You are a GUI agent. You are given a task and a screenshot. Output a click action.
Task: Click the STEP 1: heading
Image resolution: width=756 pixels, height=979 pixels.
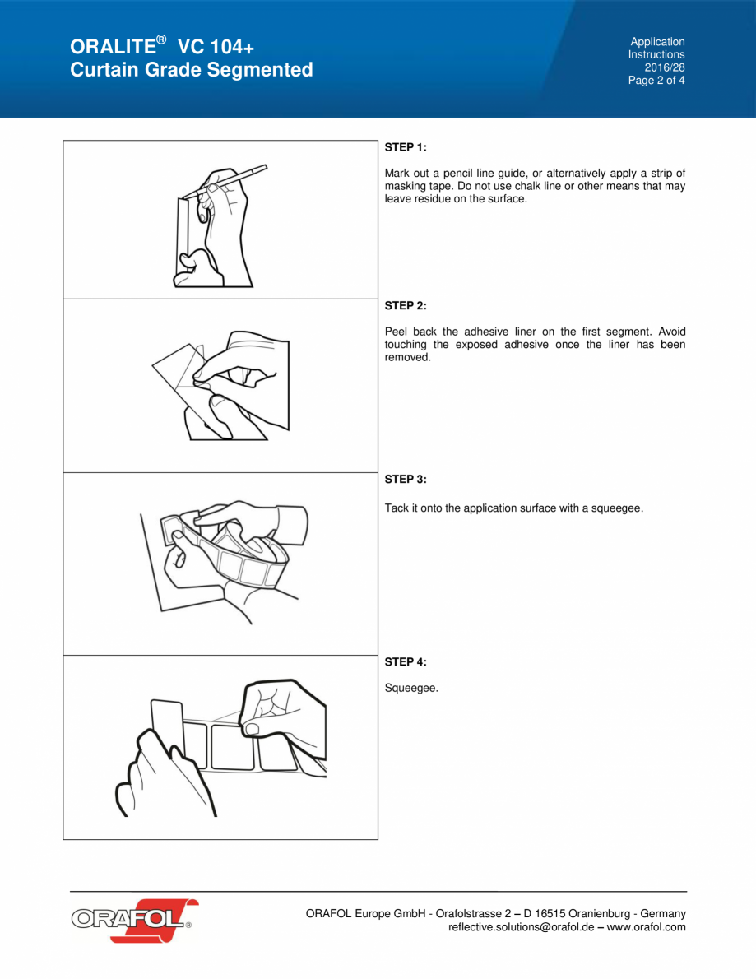tap(406, 147)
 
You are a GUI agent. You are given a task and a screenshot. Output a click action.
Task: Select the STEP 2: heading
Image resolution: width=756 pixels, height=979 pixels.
tap(406, 305)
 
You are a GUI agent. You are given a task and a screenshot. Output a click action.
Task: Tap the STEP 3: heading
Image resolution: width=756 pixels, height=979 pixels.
tap(406, 479)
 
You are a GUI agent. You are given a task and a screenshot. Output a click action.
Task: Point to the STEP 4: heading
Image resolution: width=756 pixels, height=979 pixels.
tap(406, 661)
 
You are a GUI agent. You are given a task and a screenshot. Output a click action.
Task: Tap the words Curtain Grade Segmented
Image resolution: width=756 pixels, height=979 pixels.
tap(191, 70)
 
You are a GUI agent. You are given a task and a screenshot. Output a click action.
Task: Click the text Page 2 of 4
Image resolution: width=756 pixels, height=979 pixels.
tap(656, 81)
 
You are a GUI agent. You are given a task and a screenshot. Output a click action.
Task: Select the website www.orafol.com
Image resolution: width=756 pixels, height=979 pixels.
tap(646, 927)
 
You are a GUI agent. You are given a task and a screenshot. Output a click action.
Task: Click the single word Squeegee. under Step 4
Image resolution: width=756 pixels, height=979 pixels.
tap(411, 688)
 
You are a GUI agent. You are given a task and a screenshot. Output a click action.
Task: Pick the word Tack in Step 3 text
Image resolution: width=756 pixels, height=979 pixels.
tap(397, 508)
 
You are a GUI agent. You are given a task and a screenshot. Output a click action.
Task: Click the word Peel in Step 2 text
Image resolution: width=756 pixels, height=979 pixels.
tap(397, 332)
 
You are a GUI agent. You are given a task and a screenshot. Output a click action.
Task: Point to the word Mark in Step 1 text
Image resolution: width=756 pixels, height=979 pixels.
tap(397, 174)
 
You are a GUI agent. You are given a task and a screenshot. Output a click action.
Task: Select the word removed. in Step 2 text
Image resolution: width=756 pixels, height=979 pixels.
tap(407, 358)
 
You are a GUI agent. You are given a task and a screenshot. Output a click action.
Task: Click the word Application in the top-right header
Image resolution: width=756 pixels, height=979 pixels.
tap(657, 41)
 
